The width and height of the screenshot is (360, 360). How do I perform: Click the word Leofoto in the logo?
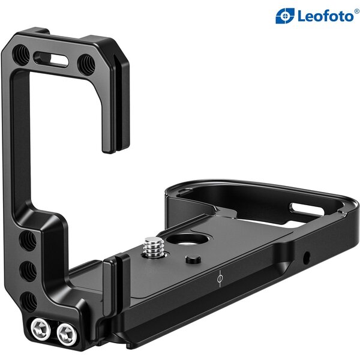[x=322, y=16]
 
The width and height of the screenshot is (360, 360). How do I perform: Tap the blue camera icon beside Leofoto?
[x=284, y=16]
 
